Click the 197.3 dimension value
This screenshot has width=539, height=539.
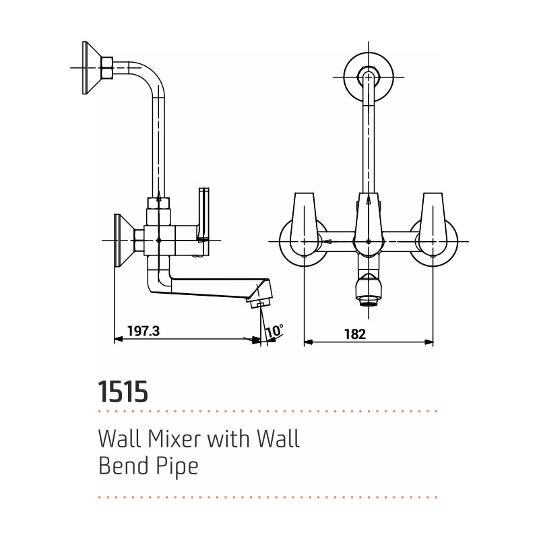144,331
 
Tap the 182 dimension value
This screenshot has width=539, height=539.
355,334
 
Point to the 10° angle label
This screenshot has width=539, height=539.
275,331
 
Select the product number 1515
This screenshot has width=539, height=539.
123,391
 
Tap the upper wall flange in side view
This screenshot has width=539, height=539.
92,68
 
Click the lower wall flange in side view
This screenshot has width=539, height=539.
124,240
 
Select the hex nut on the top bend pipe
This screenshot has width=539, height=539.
106,67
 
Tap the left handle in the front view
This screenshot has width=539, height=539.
305,224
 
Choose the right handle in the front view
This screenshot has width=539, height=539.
433,224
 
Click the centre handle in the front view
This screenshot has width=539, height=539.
369,224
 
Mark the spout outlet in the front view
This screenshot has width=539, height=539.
369,290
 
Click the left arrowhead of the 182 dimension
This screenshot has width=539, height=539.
308,342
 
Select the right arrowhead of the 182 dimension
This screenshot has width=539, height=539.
429,342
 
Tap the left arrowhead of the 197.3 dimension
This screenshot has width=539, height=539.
119,339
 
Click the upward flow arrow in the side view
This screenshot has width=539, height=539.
158,195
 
